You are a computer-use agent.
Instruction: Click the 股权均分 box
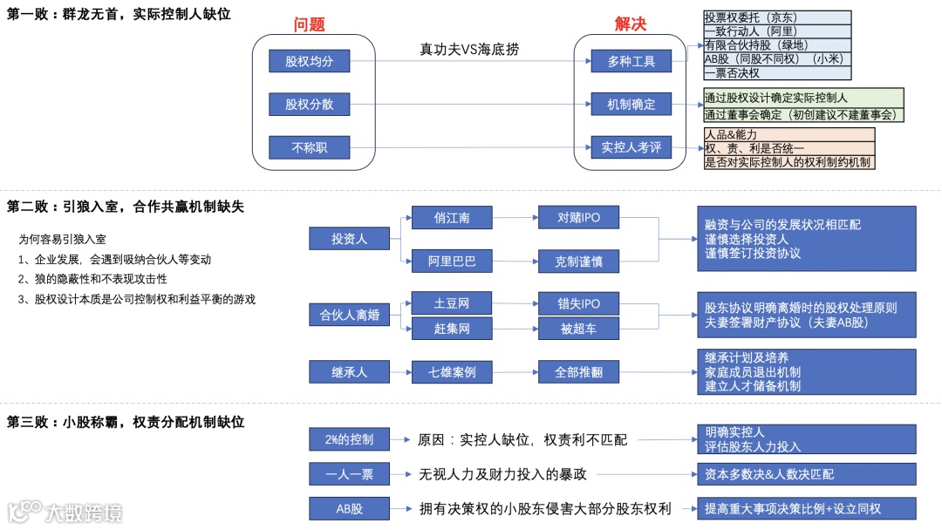[x=309, y=61]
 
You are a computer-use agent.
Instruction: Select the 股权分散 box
[x=309, y=105]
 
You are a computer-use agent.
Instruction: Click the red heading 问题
[x=309, y=24]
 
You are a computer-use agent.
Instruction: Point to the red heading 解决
[x=631, y=24]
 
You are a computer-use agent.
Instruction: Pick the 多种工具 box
[x=631, y=61]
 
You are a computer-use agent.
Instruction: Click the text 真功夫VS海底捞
[x=469, y=50]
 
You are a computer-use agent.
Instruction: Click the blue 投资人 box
[x=349, y=238]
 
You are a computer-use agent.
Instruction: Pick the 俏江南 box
[x=452, y=218]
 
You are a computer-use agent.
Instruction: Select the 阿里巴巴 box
[x=452, y=260]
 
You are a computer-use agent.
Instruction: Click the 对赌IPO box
[x=579, y=218]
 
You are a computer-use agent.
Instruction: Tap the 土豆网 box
[x=452, y=303]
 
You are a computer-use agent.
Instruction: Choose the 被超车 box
[x=579, y=328]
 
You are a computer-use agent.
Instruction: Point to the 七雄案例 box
[x=452, y=372]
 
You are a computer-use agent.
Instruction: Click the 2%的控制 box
[x=349, y=439]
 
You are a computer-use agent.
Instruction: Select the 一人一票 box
[x=349, y=474]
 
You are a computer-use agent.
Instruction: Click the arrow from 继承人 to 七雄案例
[x=400, y=372]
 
